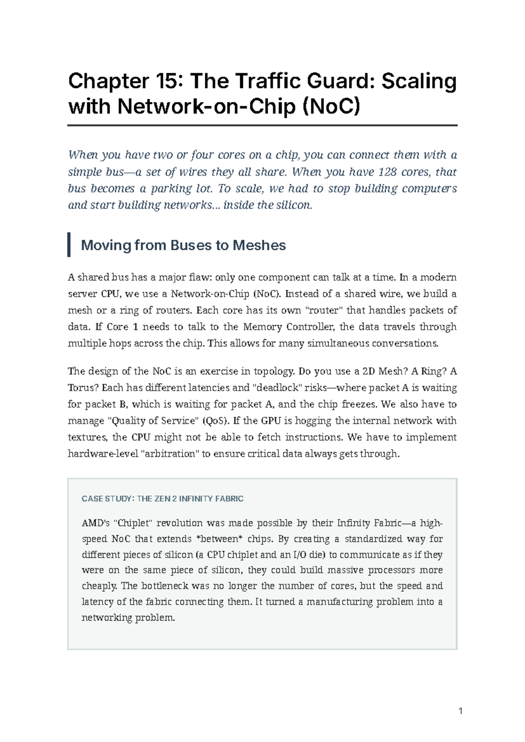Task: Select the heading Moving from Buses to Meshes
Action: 183,245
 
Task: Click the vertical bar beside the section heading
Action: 69,245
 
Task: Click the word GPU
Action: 271,421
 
